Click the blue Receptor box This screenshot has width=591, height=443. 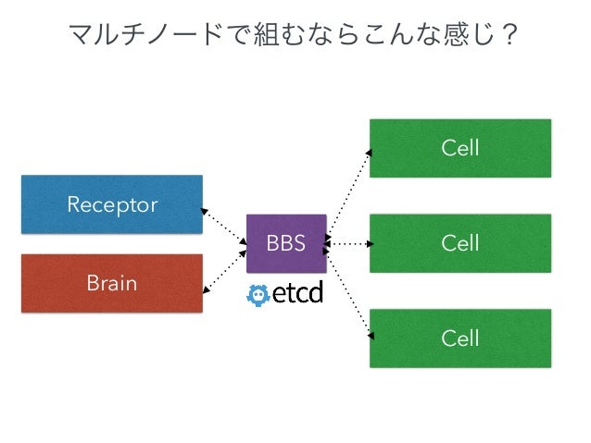[x=112, y=204]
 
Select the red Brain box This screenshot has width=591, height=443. [x=112, y=283]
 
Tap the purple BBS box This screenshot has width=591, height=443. [x=286, y=243]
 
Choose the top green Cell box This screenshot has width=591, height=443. [x=460, y=148]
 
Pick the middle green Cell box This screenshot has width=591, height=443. [x=460, y=243]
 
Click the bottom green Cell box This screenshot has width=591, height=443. [x=460, y=338]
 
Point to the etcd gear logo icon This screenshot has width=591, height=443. [x=258, y=295]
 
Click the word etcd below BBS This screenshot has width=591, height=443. [x=297, y=293]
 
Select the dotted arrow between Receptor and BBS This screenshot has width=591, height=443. [x=224, y=227]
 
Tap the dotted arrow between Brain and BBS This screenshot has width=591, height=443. [x=225, y=271]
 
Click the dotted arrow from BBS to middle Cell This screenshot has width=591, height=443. [x=348, y=244]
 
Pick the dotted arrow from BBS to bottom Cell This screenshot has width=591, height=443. [x=348, y=293]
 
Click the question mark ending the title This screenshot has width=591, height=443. [x=510, y=35]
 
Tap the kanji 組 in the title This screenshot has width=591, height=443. [x=266, y=34]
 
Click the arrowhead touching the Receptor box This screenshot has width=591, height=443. [x=204, y=211]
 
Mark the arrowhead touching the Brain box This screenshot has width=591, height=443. [x=207, y=289]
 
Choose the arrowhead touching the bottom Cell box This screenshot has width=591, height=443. [x=371, y=336]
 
